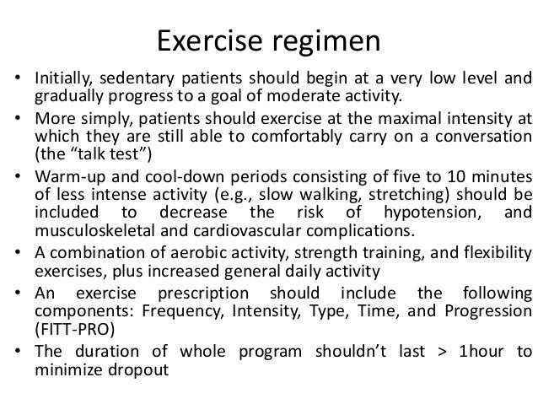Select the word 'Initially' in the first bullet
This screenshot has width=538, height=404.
coord(62,82)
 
